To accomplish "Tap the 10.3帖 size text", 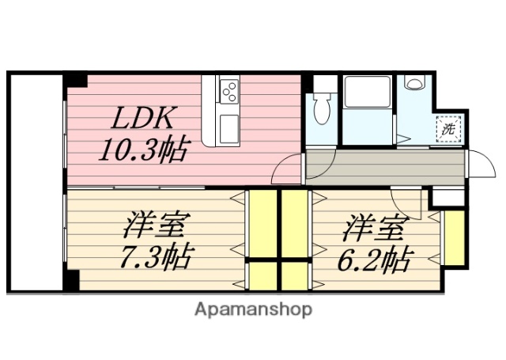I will point(143,149).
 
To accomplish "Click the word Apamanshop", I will point(253,309).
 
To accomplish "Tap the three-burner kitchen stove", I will point(228,92).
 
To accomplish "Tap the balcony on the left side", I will point(35,182).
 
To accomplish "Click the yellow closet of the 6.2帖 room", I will point(453,238).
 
